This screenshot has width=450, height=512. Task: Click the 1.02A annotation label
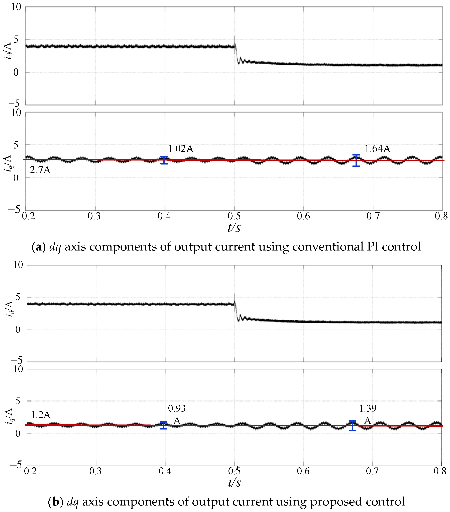coord(180,149)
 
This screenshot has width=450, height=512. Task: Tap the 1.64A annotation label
coord(377,149)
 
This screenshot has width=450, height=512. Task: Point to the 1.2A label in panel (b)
coord(40,415)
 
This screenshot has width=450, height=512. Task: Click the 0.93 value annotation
coord(177,408)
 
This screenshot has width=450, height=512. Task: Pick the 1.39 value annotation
coord(368,408)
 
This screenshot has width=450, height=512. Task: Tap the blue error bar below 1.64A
coord(356,160)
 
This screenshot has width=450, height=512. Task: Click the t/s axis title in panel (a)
coord(234,228)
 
